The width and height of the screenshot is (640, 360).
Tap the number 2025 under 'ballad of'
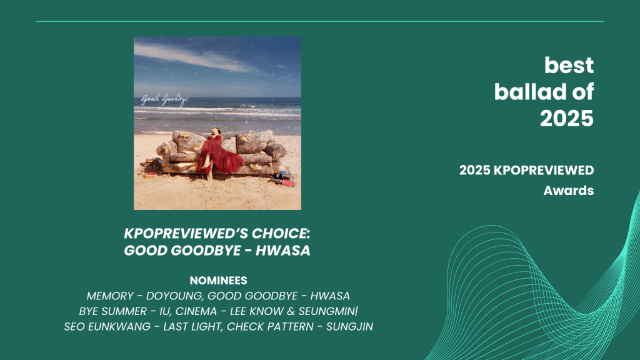[566, 118]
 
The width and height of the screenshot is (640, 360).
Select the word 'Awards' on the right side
[569, 191]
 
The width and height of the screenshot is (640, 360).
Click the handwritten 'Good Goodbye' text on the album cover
[164, 100]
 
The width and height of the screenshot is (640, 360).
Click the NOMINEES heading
[218, 281]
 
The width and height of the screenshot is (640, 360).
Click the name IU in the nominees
[164, 311]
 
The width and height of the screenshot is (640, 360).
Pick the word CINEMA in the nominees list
[196, 311]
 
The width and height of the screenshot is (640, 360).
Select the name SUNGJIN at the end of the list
[349, 327]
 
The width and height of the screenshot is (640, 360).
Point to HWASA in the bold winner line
[283, 250]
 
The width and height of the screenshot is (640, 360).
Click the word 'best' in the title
[569, 65]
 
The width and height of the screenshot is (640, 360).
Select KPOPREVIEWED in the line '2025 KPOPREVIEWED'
[544, 170]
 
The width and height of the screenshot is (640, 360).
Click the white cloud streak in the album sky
[192, 57]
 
